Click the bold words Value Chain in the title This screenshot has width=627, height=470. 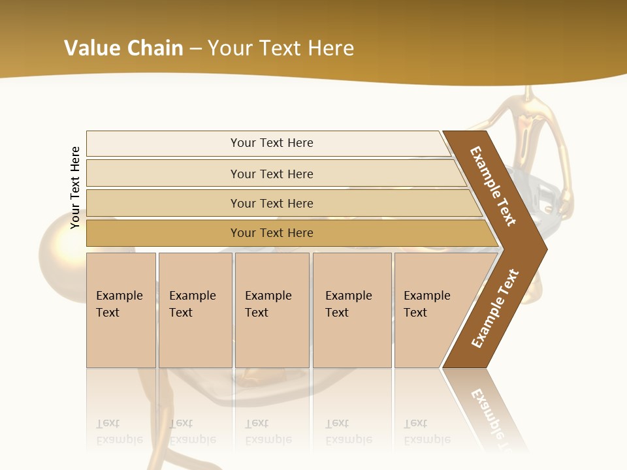[123, 48]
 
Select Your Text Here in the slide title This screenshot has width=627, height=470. [281, 48]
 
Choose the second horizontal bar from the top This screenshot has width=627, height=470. [272, 174]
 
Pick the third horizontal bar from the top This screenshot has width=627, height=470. [272, 203]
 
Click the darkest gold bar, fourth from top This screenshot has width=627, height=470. [272, 233]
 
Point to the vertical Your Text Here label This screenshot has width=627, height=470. [75, 187]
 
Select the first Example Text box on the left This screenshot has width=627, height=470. [121, 309]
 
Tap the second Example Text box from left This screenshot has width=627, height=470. [195, 309]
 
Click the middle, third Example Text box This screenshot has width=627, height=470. [272, 309]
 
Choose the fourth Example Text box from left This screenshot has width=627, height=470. [351, 309]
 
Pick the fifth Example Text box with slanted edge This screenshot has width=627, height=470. [431, 309]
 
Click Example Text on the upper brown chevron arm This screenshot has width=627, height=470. [493, 186]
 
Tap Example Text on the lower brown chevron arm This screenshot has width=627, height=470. [495, 309]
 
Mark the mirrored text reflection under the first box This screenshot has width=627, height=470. [120, 431]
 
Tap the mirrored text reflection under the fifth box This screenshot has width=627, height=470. [427, 431]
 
